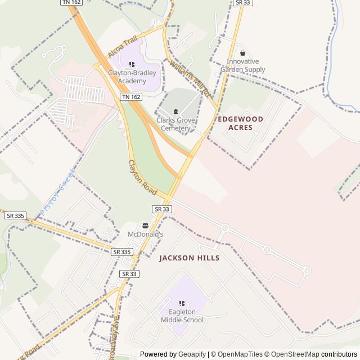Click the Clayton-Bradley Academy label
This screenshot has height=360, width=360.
click(132, 77)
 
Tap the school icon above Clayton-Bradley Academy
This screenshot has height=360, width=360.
click(132, 65)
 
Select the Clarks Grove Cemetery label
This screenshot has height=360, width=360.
click(175, 124)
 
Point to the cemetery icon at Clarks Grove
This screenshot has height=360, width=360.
click(175, 111)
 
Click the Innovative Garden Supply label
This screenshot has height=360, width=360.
click(242, 65)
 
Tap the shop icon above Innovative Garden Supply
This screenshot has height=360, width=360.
click(242, 53)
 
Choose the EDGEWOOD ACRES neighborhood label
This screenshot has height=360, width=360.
click(240, 123)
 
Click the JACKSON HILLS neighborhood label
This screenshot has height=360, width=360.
click(189, 258)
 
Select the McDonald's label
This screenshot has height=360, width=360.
click(145, 234)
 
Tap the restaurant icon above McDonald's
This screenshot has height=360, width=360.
click(145, 225)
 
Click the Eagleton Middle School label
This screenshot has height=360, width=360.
click(182, 316)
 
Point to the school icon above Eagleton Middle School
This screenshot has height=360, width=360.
click(182, 304)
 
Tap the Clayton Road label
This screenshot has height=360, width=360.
click(142, 178)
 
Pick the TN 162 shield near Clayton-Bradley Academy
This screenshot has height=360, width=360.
click(131, 97)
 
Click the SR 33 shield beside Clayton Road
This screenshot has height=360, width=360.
click(161, 209)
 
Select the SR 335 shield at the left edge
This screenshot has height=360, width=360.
click(15, 215)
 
